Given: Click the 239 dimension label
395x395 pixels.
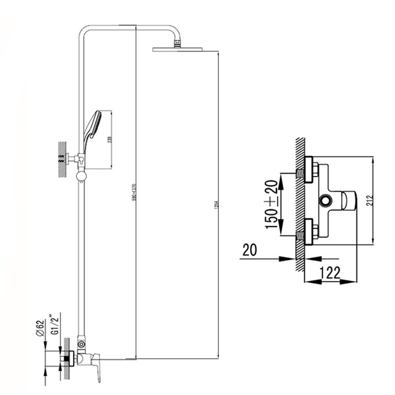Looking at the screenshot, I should tap(117, 140).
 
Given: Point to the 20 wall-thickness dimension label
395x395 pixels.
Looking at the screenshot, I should tap(250, 250).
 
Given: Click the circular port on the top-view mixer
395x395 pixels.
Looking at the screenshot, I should tap(325, 200).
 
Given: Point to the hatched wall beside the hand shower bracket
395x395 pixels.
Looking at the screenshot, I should tap(61, 159).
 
